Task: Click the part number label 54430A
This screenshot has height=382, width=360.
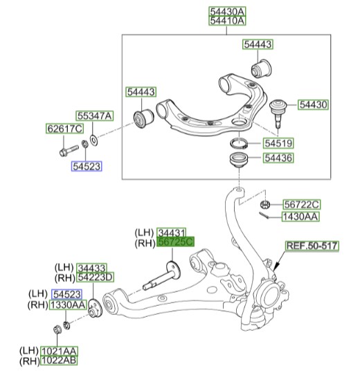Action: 228,12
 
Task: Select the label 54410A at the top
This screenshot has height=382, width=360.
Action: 228,21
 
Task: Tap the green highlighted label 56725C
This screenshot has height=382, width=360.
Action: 177,242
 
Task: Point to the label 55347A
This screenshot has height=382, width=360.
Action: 94,116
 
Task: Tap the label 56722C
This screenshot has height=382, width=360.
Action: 301,204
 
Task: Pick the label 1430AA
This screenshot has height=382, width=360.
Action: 300,217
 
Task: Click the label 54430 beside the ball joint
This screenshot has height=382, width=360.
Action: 314,104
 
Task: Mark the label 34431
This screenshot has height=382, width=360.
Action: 176,233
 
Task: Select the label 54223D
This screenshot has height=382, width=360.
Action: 96,278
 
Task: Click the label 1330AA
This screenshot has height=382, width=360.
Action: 68,304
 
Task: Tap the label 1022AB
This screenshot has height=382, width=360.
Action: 60,360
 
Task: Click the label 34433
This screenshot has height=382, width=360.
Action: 96,267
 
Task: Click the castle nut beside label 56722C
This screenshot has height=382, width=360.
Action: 264,204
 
